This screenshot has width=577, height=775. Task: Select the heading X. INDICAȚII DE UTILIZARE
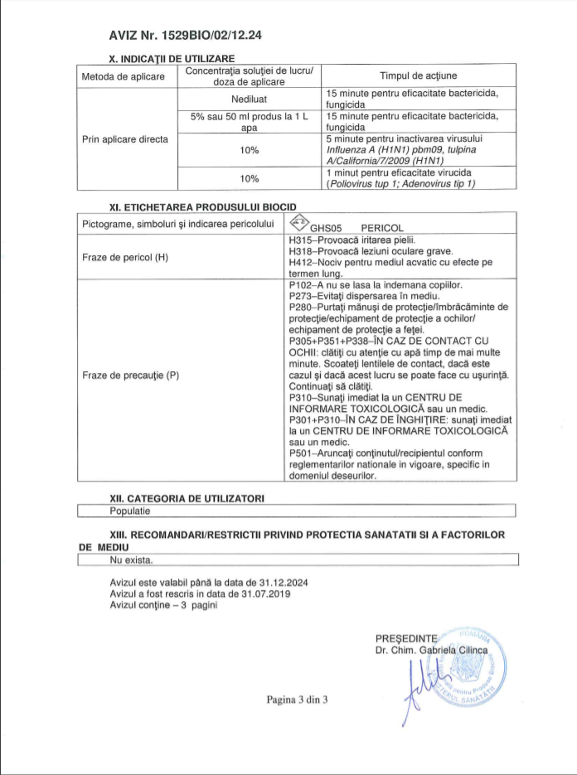(172, 59)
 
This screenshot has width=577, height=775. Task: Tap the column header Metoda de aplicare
(123, 76)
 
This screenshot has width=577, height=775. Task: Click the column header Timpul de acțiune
(418, 76)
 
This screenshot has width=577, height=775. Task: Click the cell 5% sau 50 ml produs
(250, 122)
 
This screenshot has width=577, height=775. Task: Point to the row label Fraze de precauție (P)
(130, 375)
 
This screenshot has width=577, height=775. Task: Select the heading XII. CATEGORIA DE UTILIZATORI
(187, 497)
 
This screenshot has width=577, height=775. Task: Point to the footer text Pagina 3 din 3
(297, 700)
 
